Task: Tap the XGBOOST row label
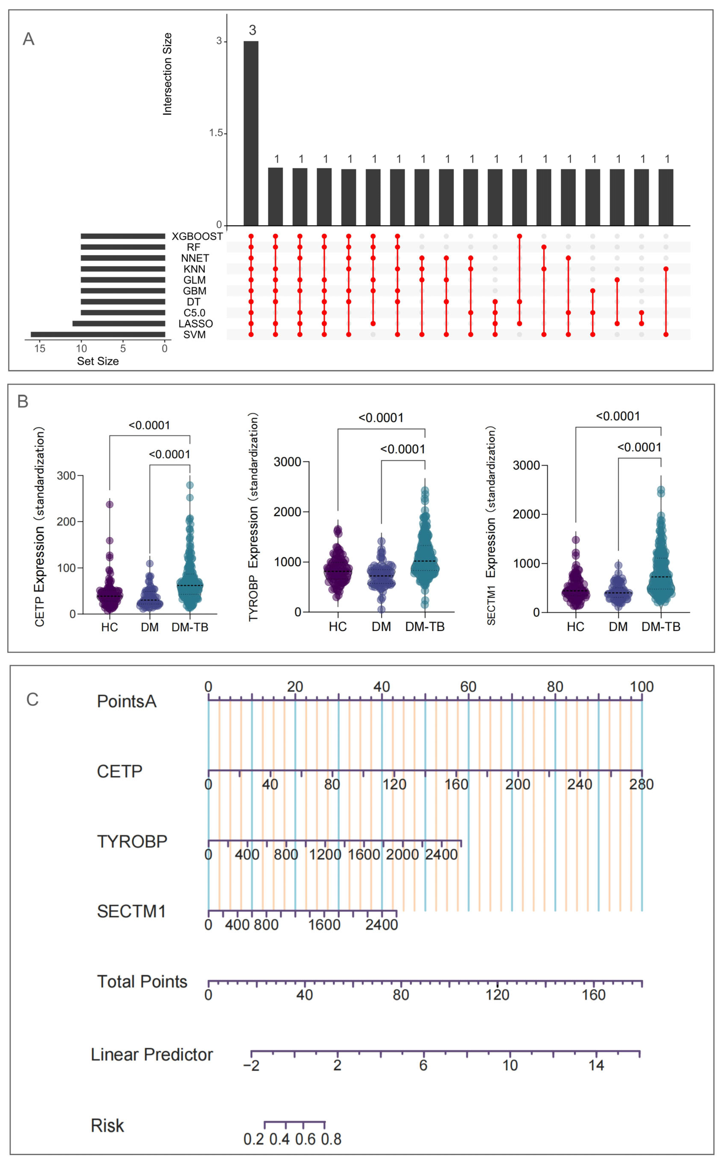197,236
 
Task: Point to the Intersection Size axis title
167,74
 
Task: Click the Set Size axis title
98,361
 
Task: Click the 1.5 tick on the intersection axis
216,133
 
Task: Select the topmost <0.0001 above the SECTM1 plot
618,416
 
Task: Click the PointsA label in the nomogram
127,702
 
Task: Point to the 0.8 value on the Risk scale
331,1140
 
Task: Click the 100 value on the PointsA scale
641,687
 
